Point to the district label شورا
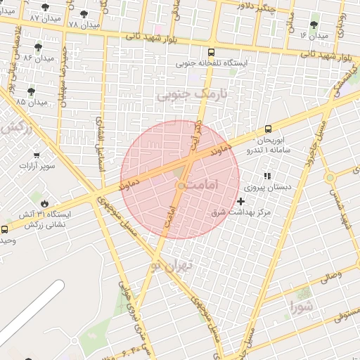coord(302,306)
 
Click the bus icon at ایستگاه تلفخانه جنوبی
coord(212,52)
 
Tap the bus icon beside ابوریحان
coord(268,129)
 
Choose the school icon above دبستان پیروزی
coord(266,176)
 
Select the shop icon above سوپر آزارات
coord(36,155)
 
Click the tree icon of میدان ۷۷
coord(46,7)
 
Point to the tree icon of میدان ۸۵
coord(31,91)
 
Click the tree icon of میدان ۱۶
coord(314,25)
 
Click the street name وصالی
coord(331,276)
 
